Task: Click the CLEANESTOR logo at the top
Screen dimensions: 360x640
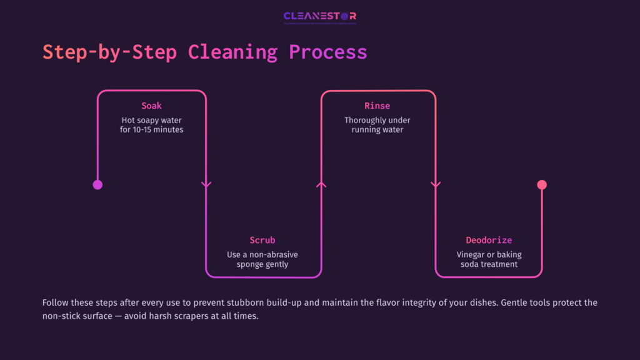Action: pos(319,17)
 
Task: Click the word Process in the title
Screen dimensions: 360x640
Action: pos(327,52)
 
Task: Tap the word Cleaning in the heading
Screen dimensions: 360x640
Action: pos(232,52)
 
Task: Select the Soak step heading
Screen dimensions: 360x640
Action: pos(152,106)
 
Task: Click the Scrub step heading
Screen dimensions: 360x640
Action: pos(262,240)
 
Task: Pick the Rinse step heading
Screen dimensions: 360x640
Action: pos(377,106)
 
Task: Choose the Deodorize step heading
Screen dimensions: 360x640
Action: pos(489,240)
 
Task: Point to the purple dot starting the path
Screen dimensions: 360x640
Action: pos(97,184)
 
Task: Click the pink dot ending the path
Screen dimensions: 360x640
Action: pos(542,184)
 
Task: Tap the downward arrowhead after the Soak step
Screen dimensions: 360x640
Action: pos(206,184)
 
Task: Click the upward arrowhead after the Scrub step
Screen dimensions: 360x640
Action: pos(321,184)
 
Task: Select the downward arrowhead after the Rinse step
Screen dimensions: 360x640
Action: pos(436,184)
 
